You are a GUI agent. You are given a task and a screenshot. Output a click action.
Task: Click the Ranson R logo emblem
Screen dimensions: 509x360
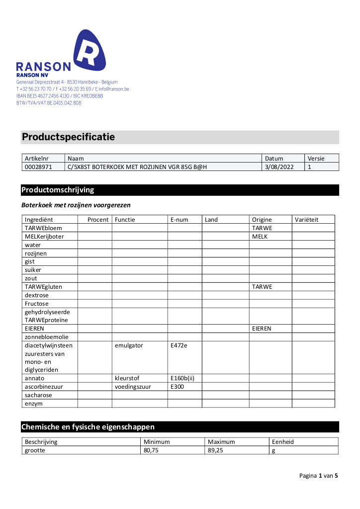coord(90,51)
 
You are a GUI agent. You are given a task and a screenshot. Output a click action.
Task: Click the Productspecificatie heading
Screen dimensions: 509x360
coord(68,137)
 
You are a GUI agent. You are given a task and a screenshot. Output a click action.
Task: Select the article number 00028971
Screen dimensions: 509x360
coord(38,167)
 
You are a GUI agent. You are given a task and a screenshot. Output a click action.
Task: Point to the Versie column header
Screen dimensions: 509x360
coord(316,159)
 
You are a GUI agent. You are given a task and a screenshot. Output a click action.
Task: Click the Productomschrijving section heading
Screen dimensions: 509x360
coord(58,190)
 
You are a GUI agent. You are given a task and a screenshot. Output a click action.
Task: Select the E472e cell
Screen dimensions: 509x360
coord(179,345)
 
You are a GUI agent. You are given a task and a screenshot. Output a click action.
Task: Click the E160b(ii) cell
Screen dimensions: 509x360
coord(182,378)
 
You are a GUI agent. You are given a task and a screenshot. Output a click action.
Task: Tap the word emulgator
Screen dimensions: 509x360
coord(129,345)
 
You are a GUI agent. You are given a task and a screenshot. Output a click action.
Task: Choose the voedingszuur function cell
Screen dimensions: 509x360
coord(133,387)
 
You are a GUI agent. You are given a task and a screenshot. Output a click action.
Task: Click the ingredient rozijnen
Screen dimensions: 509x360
coord(36,253)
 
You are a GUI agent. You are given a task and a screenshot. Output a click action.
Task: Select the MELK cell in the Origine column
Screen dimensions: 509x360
coord(260,236)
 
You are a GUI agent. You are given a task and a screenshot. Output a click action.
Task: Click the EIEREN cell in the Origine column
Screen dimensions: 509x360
coord(262,329)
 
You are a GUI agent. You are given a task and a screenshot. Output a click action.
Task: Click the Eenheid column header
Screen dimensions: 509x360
coord(283,442)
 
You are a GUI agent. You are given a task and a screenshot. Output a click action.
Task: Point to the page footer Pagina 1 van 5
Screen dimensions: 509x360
coord(318,476)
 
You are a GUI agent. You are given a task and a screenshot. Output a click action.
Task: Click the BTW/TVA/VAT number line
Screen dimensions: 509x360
coord(49,103)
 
